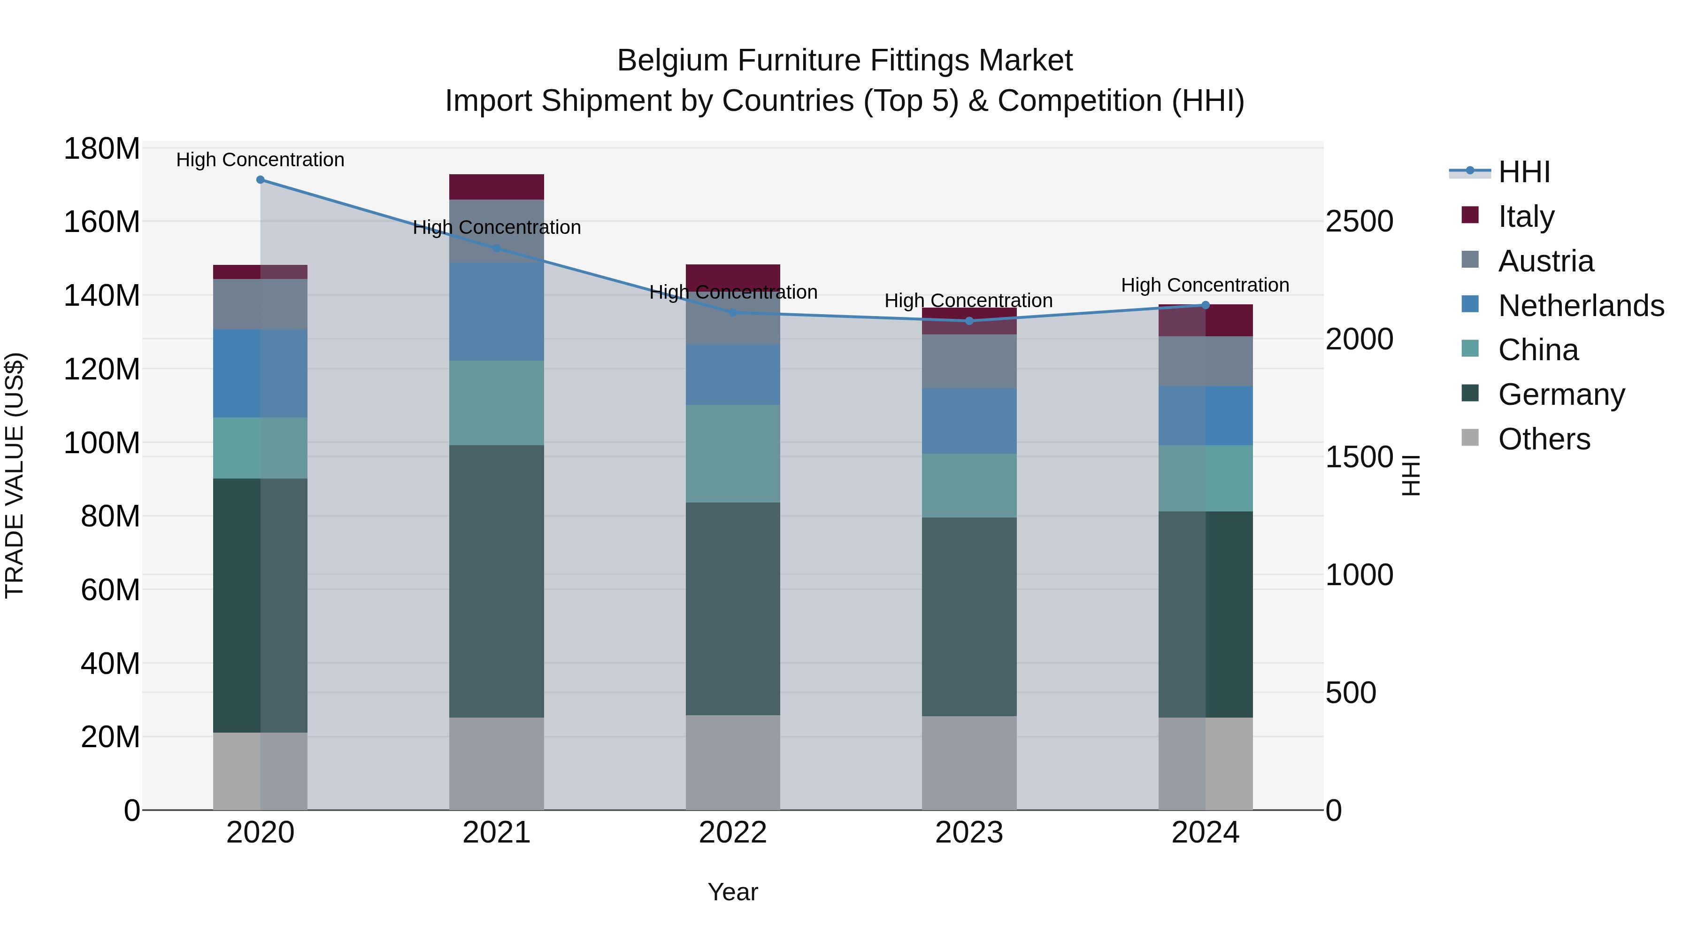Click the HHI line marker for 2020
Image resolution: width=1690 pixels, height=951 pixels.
pos(261,180)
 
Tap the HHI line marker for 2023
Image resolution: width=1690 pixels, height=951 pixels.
pos(969,321)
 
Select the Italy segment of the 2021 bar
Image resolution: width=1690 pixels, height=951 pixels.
pos(497,187)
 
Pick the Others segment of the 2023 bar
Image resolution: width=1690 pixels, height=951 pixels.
pos(969,763)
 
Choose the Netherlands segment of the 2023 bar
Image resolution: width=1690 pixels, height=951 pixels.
pos(969,421)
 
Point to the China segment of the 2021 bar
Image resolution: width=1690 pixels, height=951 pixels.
pos(497,403)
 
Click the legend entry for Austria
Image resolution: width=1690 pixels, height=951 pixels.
pos(1546,261)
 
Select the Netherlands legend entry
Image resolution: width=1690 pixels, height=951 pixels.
pos(1581,306)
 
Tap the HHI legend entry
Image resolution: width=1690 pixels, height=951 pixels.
pos(1524,172)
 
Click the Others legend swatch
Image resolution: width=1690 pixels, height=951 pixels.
pos(1470,438)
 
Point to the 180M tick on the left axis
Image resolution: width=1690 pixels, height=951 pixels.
pos(102,149)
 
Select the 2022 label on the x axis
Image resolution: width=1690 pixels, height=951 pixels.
pos(733,833)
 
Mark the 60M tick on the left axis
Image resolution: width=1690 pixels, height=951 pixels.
pos(109,589)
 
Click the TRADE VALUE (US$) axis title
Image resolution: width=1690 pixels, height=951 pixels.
pos(15,475)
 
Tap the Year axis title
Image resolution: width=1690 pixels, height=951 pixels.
pos(733,892)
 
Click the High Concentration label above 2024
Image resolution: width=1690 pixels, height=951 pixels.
pos(1205,286)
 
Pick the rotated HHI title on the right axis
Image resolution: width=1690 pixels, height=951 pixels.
pos(1411,475)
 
